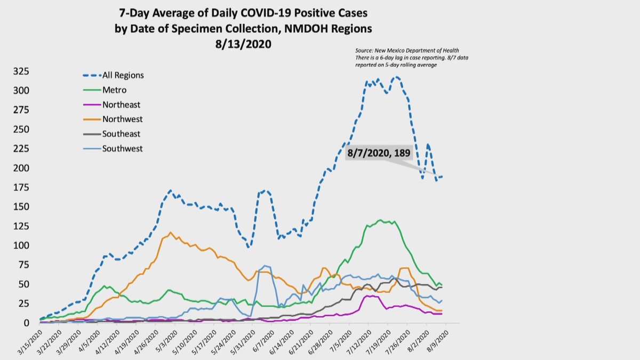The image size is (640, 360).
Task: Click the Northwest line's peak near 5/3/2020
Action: tap(170, 233)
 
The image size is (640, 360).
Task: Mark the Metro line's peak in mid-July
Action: tap(380, 220)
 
